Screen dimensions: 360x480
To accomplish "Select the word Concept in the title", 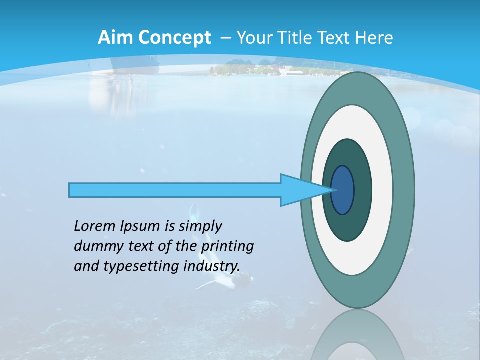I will click(174, 38).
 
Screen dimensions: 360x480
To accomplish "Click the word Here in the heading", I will click(374, 37).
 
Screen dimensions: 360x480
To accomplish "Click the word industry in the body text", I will click(212, 266).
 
